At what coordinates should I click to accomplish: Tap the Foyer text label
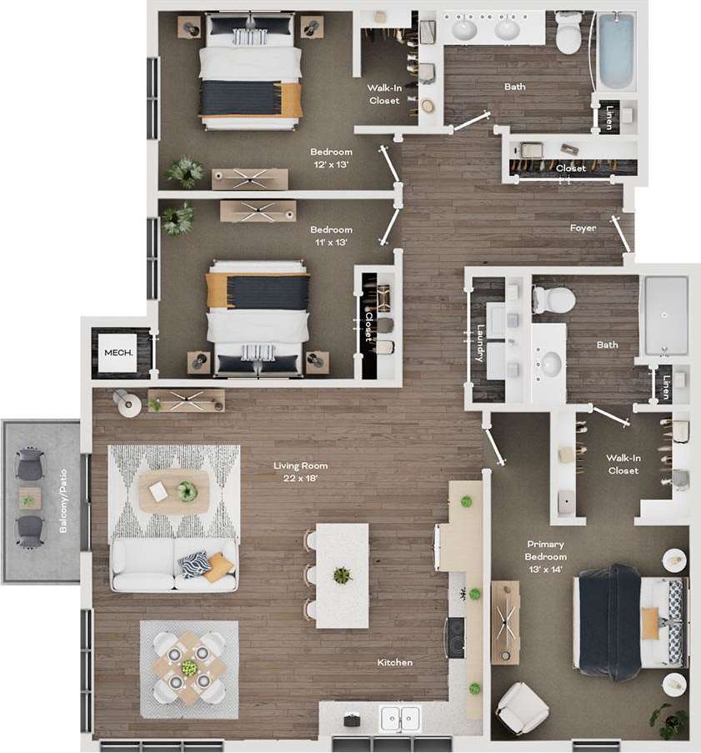pyautogui.click(x=583, y=228)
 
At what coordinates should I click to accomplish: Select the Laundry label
pyautogui.click(x=480, y=343)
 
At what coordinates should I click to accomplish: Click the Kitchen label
pyautogui.click(x=395, y=662)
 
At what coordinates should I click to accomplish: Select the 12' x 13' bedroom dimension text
pyautogui.click(x=331, y=165)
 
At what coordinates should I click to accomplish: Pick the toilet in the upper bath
pyautogui.click(x=569, y=33)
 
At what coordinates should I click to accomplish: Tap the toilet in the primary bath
pyautogui.click(x=553, y=299)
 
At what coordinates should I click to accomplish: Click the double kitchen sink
pyautogui.click(x=399, y=716)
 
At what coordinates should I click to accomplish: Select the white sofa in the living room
pyautogui.click(x=174, y=565)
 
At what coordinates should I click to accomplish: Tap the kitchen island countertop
pyautogui.click(x=342, y=575)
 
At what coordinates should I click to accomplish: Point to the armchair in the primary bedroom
pyautogui.click(x=523, y=708)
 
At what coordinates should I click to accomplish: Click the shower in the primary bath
pyautogui.click(x=664, y=315)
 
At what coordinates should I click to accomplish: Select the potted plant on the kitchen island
pyautogui.click(x=341, y=575)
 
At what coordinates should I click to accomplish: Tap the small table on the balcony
pyautogui.click(x=29, y=498)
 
